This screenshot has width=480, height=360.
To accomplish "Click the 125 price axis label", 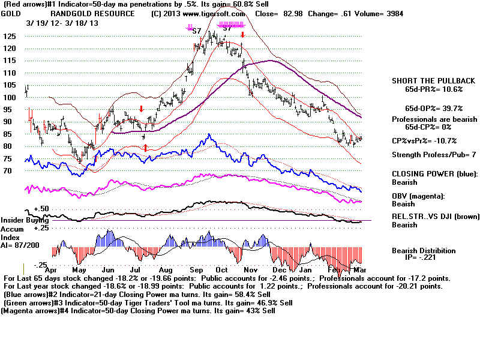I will click(10, 36).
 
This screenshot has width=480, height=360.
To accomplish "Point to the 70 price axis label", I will click(8, 171).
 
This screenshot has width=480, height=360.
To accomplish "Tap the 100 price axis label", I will click(10, 97).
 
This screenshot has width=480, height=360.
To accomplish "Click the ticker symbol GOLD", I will click(12, 13).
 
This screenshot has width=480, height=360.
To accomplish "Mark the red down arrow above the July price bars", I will click(140, 109).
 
